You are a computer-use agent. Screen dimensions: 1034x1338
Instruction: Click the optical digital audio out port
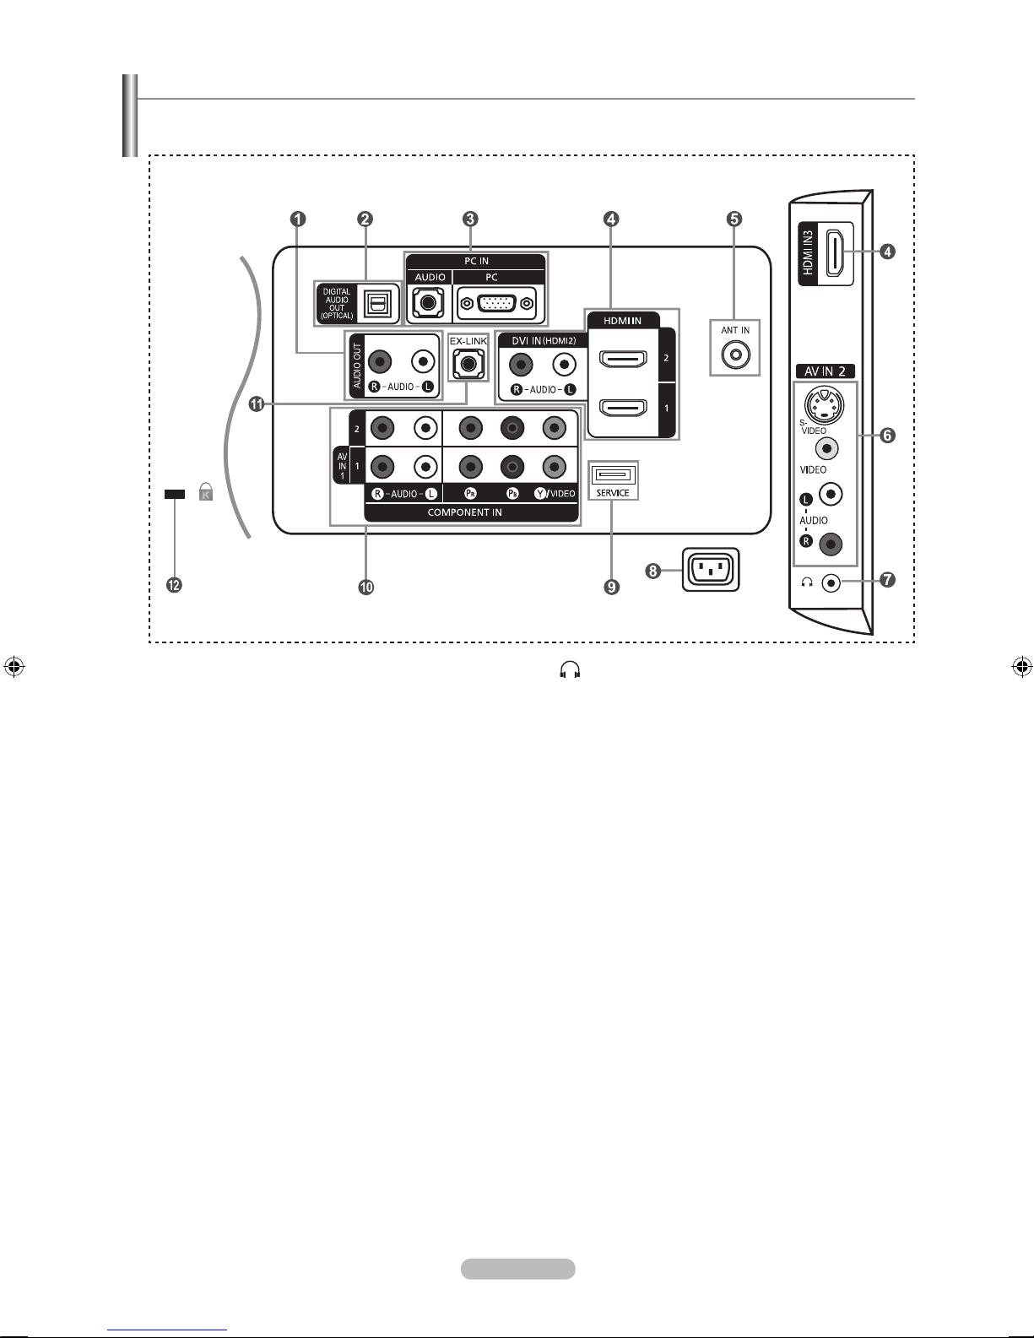point(376,303)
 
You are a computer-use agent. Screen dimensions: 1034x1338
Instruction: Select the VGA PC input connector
point(497,304)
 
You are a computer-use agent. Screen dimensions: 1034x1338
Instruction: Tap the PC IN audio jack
point(429,303)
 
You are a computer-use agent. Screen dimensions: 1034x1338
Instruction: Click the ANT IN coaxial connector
point(735,355)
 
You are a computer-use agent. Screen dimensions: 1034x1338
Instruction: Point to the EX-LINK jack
point(468,364)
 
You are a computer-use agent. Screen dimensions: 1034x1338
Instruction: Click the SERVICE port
point(613,475)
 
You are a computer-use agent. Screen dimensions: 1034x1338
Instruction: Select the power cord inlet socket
point(711,570)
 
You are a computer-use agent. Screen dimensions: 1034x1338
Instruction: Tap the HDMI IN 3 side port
point(836,253)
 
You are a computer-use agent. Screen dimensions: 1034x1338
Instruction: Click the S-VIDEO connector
point(824,406)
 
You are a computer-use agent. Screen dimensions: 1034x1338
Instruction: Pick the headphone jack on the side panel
point(831,582)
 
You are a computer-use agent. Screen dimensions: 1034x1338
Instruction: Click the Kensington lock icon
point(206,491)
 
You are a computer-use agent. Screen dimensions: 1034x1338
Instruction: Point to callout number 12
point(174,585)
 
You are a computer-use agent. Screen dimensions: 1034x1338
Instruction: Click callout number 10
point(366,587)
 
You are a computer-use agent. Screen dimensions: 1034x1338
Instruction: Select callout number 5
point(734,219)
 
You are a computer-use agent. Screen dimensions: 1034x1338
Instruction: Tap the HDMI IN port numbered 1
point(624,408)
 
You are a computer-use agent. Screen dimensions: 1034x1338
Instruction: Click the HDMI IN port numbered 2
point(624,359)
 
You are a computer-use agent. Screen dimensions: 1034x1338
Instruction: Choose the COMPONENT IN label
point(465,512)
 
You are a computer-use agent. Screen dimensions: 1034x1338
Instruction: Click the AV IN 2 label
point(826,371)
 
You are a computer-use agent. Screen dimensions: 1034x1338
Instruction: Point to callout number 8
point(652,571)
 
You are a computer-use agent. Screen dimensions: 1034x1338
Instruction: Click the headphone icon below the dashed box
point(570,670)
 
